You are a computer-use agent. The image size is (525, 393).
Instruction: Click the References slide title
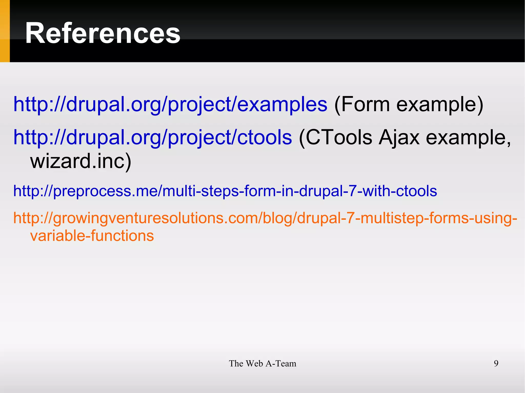pos(103,33)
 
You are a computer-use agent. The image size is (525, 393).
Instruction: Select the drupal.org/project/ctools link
pos(153,137)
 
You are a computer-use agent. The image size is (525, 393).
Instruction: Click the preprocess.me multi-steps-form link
pos(225,191)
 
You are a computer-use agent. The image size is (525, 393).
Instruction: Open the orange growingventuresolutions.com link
pos(265,218)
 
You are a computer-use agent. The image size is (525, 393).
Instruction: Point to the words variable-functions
pos(92,236)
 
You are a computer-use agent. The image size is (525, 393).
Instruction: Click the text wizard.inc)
pos(81,161)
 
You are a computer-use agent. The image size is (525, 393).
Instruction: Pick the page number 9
pos(496,364)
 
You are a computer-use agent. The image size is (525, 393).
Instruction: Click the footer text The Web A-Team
pos(262,364)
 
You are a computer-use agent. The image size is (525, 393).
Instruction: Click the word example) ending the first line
pos(440,104)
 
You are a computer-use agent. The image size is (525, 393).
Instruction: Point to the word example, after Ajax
pos(468,138)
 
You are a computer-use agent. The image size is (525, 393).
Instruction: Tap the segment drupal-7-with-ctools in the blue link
pos(368,191)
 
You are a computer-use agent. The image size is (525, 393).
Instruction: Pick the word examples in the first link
pos(282,104)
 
